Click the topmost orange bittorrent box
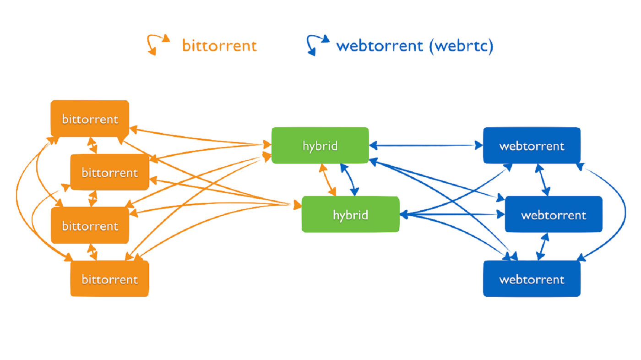coord(90,119)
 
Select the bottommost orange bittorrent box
coord(109,278)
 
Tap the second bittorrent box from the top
coord(109,172)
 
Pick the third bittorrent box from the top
coord(90,225)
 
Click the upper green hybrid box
coord(320,146)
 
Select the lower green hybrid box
coord(350,215)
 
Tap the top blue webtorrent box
coord(532,146)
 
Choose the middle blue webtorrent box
coord(554,214)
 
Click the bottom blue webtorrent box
coord(532,278)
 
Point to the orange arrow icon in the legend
coord(157,44)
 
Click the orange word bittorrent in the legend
coord(219,46)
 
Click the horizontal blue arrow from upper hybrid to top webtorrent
coord(426,146)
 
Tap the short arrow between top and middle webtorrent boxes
coord(543,180)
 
